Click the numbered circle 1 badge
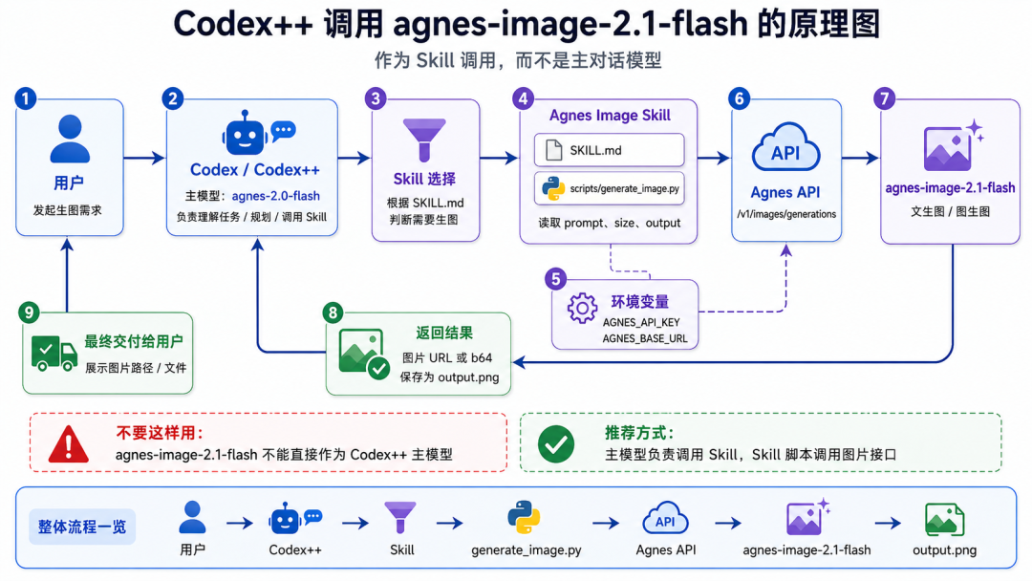[x=26, y=98]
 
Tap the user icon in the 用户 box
[x=70, y=139]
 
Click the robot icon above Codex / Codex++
[x=245, y=133]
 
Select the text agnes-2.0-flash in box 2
[x=276, y=196]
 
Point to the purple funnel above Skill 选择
[x=424, y=140]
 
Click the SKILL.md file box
[x=610, y=150]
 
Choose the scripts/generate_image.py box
[x=610, y=189]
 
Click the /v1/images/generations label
[x=786, y=214]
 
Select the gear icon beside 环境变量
[x=583, y=308]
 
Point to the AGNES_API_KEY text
[x=641, y=322]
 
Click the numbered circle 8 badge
[x=333, y=312]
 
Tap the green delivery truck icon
[x=54, y=354]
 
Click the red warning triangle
[x=69, y=444]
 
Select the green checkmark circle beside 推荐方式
[x=556, y=444]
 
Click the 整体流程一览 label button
[x=82, y=527]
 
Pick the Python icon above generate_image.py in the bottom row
[x=524, y=517]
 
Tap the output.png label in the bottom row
[x=944, y=550]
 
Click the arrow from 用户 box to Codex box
[x=144, y=158]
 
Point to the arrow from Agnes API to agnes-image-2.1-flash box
[x=860, y=158]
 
